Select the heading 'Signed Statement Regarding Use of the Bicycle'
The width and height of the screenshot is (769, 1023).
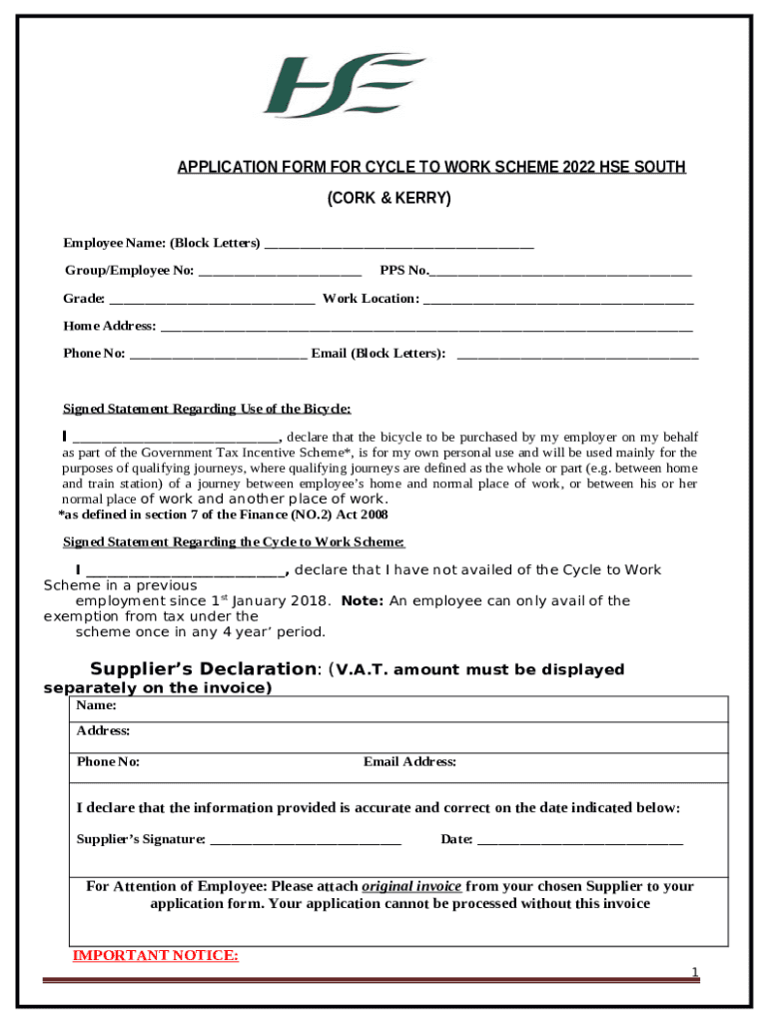coord(207,409)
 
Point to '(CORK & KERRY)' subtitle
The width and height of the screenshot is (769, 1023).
coord(389,199)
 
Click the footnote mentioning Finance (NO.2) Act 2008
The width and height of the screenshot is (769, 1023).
coord(223,515)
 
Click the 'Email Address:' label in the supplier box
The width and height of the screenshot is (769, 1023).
coord(409,762)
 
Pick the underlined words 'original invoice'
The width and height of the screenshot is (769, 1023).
coord(411,886)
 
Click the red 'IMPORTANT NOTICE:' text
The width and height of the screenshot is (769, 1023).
coord(156,956)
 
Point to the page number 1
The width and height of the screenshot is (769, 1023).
coord(695,972)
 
